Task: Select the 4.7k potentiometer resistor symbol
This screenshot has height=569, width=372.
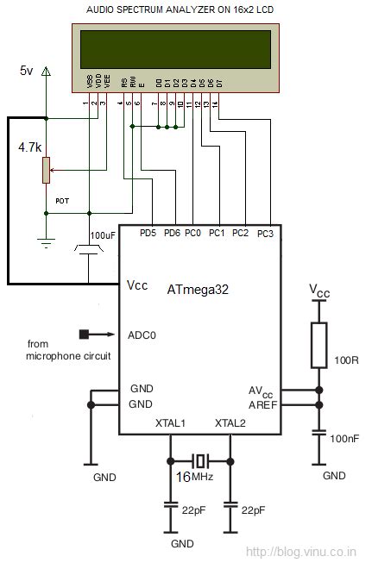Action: pyautogui.click(x=45, y=170)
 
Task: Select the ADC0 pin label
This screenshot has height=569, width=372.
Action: pyautogui.click(x=142, y=335)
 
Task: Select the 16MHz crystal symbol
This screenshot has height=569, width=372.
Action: pyautogui.click(x=201, y=459)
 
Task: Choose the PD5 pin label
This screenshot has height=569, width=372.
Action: pyautogui.click(x=148, y=234)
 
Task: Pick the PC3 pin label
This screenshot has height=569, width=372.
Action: pyautogui.click(x=265, y=234)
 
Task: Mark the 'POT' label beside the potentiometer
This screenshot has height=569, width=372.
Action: pyautogui.click(x=62, y=201)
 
